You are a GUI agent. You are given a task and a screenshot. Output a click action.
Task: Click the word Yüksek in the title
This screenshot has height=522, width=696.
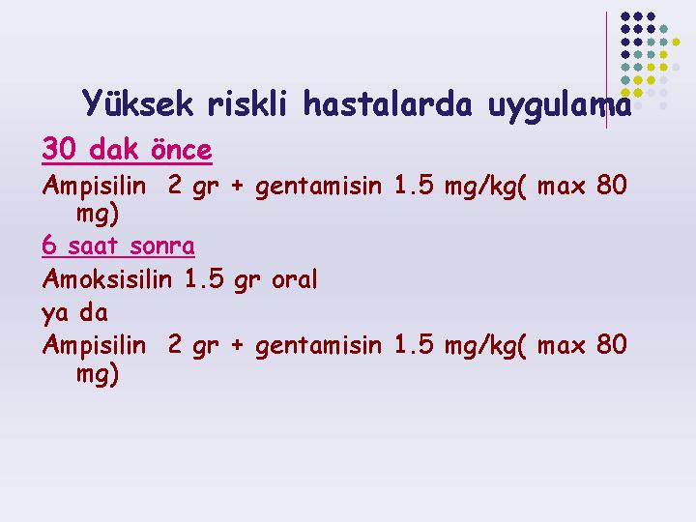[137, 103]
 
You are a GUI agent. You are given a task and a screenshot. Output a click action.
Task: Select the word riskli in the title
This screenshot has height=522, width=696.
[247, 103]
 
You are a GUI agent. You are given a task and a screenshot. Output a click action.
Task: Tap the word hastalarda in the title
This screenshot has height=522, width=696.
[387, 103]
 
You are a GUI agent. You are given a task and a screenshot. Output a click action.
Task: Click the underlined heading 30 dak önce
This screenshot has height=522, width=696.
[127, 149]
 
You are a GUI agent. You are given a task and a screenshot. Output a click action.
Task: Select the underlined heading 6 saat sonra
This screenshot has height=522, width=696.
[118, 246]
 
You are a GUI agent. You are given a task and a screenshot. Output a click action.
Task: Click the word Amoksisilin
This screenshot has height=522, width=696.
[107, 279]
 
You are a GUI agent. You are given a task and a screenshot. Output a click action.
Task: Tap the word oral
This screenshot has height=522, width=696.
[294, 279]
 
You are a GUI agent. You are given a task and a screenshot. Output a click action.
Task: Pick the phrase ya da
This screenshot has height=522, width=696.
[75, 313]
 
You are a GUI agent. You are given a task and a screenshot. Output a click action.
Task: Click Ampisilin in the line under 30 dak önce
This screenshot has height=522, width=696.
[94, 185]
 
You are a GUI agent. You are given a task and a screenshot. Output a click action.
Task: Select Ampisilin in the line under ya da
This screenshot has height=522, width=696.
[94, 344]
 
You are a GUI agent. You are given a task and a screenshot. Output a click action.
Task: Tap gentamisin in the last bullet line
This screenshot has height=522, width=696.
[318, 346]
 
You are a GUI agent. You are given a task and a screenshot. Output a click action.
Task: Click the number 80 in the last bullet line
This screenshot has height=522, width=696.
[612, 344]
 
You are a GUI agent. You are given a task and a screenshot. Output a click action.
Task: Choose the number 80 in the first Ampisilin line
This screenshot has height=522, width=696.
[612, 185]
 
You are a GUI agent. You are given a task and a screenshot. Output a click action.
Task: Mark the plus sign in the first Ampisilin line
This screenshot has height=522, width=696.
[237, 186]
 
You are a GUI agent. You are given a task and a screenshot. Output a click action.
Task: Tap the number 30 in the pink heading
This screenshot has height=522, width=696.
[59, 148]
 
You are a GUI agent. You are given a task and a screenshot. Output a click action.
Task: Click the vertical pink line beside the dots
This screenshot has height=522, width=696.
[606, 71]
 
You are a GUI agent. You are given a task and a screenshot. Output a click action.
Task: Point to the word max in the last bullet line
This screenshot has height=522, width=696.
[561, 347]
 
